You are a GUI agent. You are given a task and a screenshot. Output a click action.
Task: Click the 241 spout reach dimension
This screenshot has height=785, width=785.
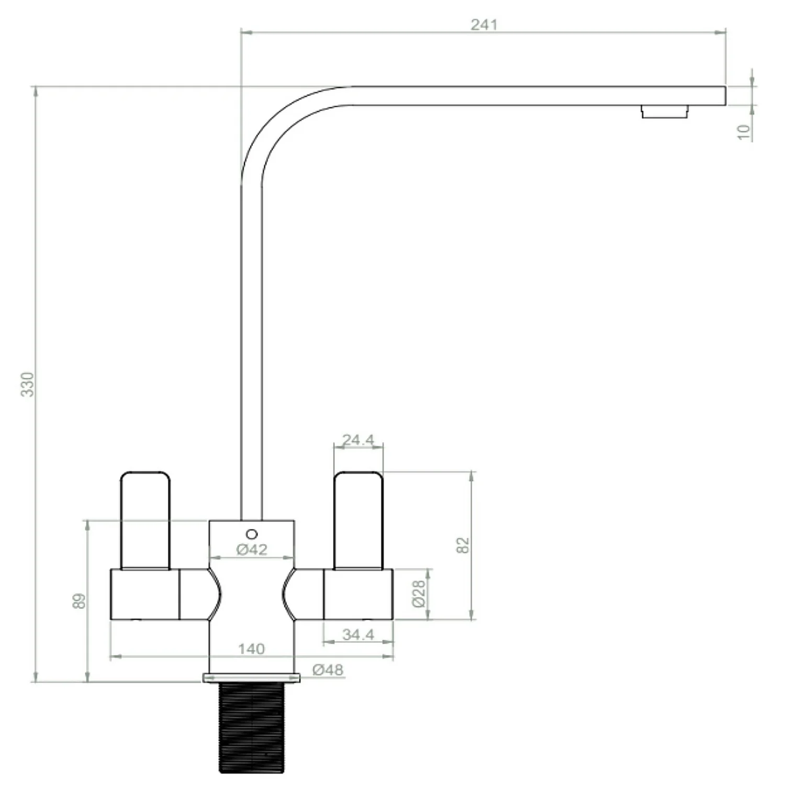click(x=484, y=25)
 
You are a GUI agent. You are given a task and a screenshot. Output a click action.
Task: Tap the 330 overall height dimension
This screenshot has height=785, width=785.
click(x=27, y=384)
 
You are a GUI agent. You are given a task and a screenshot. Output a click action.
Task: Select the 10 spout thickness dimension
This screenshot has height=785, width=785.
click(x=744, y=132)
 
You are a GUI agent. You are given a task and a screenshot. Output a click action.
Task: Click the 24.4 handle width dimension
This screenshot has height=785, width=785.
click(x=358, y=440)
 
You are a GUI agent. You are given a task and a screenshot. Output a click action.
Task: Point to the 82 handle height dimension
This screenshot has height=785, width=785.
click(x=463, y=545)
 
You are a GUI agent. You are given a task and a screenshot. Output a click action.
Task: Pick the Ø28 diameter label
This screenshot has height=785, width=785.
click(x=419, y=593)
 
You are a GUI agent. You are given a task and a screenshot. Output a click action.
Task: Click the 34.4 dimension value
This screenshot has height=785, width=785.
click(x=358, y=634)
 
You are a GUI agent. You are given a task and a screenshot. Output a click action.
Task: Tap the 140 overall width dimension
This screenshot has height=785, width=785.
click(x=251, y=649)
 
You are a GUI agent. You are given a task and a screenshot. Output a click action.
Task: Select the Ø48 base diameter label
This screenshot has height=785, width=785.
click(x=328, y=670)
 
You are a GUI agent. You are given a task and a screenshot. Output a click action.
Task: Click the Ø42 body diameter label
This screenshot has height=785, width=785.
click(x=251, y=549)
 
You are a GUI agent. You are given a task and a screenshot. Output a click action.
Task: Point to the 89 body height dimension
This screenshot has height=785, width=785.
click(x=78, y=601)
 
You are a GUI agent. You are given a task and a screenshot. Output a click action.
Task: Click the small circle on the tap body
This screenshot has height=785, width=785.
click(x=252, y=534)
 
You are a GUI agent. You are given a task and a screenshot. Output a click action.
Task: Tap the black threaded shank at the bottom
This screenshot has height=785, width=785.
click(x=251, y=727)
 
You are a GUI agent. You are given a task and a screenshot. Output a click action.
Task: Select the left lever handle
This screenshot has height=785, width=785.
click(x=145, y=521)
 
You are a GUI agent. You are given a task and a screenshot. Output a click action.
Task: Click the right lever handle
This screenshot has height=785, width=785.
click(x=358, y=521)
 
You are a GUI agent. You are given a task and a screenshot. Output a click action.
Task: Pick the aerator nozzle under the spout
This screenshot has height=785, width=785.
click(x=665, y=111)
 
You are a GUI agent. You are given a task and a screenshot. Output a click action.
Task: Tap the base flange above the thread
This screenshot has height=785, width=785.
click(x=251, y=678)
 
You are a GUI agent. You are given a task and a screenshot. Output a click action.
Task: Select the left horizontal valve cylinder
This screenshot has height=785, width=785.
click(x=145, y=595)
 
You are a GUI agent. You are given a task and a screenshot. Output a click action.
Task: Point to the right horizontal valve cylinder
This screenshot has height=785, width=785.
click(x=358, y=595)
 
